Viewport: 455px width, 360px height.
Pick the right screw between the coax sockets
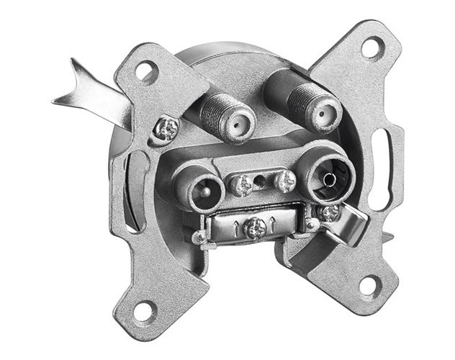286,179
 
